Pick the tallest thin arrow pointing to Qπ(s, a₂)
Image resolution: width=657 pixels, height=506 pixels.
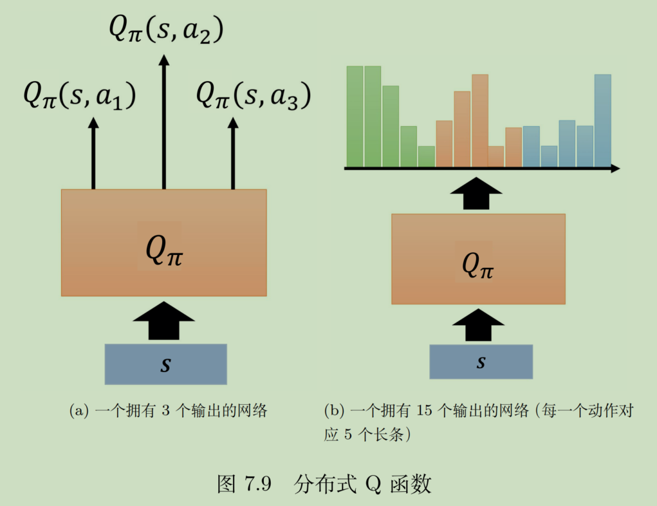point(164,122)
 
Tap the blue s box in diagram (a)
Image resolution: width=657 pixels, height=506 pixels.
point(165,364)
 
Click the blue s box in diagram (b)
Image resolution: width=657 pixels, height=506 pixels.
point(481,362)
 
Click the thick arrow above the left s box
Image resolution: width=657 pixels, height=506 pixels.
point(165,320)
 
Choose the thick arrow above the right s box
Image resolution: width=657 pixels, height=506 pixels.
point(478,325)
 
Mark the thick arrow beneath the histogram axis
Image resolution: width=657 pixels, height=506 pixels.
point(476,192)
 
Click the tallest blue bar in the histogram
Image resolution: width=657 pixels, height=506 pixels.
point(602,120)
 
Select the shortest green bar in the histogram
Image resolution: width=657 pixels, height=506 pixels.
point(426,156)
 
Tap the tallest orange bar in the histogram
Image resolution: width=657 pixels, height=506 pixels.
point(480,120)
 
